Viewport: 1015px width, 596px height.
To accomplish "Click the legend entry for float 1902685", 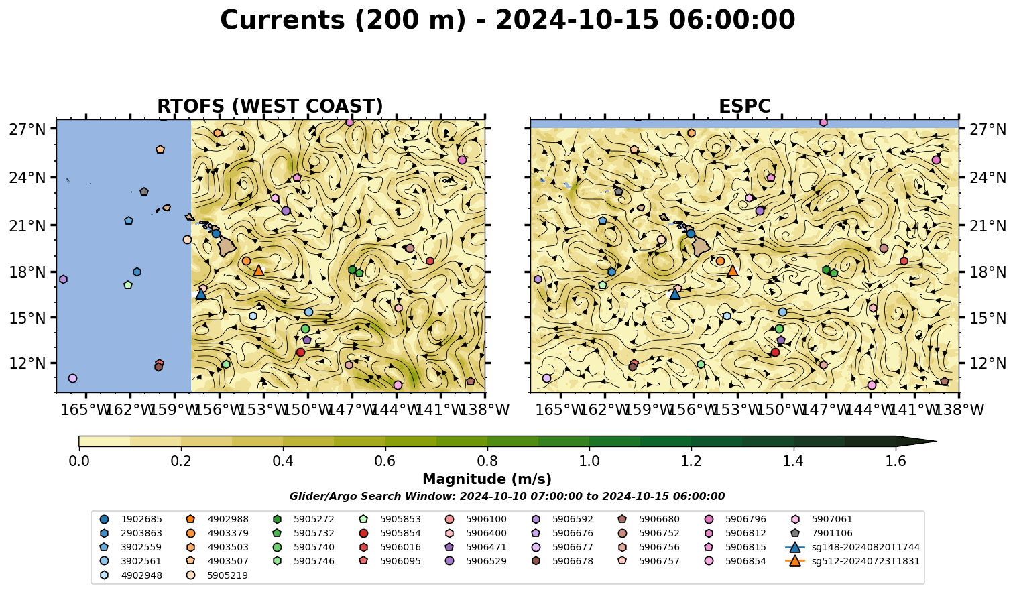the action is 131,520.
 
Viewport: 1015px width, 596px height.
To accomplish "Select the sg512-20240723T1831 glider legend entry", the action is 852,562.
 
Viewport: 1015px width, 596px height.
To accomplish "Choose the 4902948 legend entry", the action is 131,576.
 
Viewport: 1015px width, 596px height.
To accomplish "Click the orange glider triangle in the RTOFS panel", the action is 259,271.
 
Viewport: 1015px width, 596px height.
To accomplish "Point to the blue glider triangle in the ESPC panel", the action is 674,294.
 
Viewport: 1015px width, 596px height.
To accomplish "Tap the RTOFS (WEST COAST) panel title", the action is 270,106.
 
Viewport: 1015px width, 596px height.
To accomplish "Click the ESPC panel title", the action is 744,106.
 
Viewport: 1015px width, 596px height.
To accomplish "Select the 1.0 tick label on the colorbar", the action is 589,461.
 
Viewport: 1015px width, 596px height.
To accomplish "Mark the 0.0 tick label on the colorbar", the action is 79,461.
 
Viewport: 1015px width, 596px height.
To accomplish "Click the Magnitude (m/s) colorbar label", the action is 487,479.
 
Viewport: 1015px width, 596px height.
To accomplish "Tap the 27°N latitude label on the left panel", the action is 27,129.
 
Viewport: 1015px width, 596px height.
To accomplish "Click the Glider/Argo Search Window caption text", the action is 507,497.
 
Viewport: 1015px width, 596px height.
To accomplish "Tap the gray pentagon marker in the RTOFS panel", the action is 144,192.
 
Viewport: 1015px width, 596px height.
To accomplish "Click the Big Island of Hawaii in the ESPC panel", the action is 701,247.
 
